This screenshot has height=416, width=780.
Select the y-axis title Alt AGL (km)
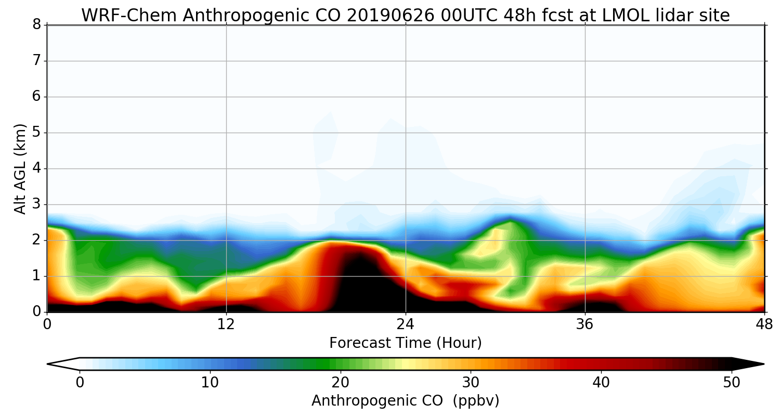(20, 168)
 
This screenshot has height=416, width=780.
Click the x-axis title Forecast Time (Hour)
(406, 343)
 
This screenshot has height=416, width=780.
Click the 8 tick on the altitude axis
(36, 25)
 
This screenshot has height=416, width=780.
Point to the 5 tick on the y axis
(36, 133)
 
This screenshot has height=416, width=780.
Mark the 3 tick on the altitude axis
(36, 204)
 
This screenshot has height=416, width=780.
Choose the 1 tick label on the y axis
(36, 276)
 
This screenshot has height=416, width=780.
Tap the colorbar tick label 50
(732, 383)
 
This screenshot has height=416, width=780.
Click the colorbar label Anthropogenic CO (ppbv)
(406, 401)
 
